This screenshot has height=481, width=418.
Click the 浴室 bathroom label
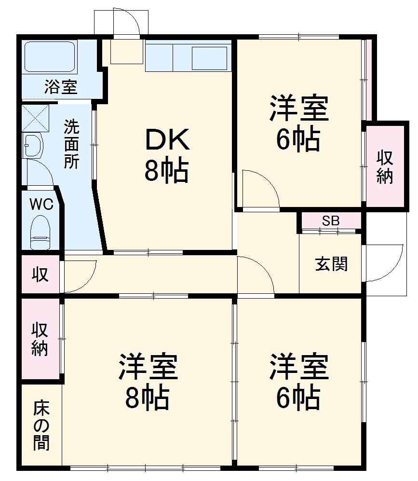click(61, 87)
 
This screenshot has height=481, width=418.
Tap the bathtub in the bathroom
click(50, 56)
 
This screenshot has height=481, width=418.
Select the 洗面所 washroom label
click(72, 144)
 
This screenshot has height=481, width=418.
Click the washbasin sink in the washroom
click(33, 145)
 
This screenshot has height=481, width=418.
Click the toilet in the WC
click(40, 231)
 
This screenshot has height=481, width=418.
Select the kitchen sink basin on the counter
click(209, 58)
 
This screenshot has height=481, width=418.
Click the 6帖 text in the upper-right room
click(298, 139)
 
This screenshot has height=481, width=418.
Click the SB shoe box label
click(331, 221)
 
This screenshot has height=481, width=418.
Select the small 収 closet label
click(40, 275)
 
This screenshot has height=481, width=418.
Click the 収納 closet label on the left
click(40, 339)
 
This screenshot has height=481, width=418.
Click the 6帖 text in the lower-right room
click(298, 397)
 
